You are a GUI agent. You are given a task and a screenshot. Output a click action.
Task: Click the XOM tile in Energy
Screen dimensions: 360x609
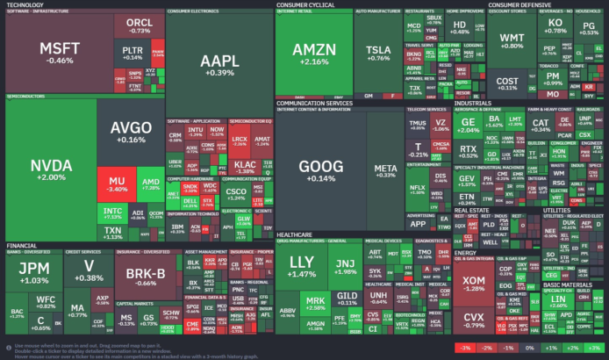[x=474, y=283]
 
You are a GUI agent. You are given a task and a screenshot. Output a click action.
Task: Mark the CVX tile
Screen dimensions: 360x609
[x=474, y=320]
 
